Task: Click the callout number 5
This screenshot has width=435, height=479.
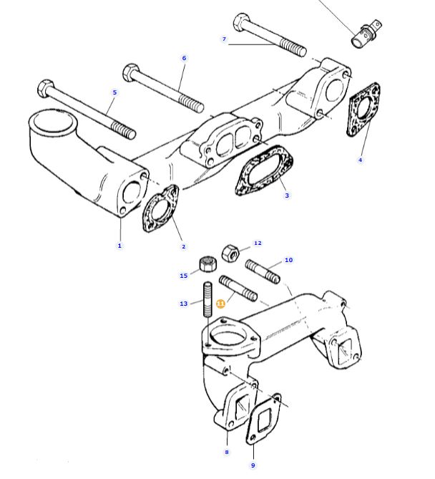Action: pos(114,92)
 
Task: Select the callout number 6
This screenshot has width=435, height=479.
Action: pos(184,58)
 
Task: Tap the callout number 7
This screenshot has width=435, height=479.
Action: pos(225,39)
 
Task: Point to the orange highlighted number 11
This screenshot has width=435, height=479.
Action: pos(220,304)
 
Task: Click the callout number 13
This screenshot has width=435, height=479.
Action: pos(183,304)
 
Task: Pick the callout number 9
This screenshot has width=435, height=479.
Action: pos(253,465)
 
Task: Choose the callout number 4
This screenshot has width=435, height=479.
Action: pos(360,160)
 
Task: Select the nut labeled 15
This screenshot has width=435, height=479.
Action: pos(208,264)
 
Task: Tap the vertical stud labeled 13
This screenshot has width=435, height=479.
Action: pos(207,299)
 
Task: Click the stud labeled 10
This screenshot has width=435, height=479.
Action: pos(263,271)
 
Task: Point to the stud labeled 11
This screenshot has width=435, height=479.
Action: pos(238,288)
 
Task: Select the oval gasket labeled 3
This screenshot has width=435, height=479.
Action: pos(264,170)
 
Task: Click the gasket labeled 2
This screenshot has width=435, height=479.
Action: pos(160,208)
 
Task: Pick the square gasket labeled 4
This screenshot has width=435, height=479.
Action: pos(363,110)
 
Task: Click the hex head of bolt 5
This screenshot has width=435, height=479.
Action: pos(46,89)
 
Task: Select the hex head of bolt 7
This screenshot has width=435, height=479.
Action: pos(242,21)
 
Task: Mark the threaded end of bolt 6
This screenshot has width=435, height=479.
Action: pos(191,103)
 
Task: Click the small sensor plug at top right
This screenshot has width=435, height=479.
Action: pos(366,34)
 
